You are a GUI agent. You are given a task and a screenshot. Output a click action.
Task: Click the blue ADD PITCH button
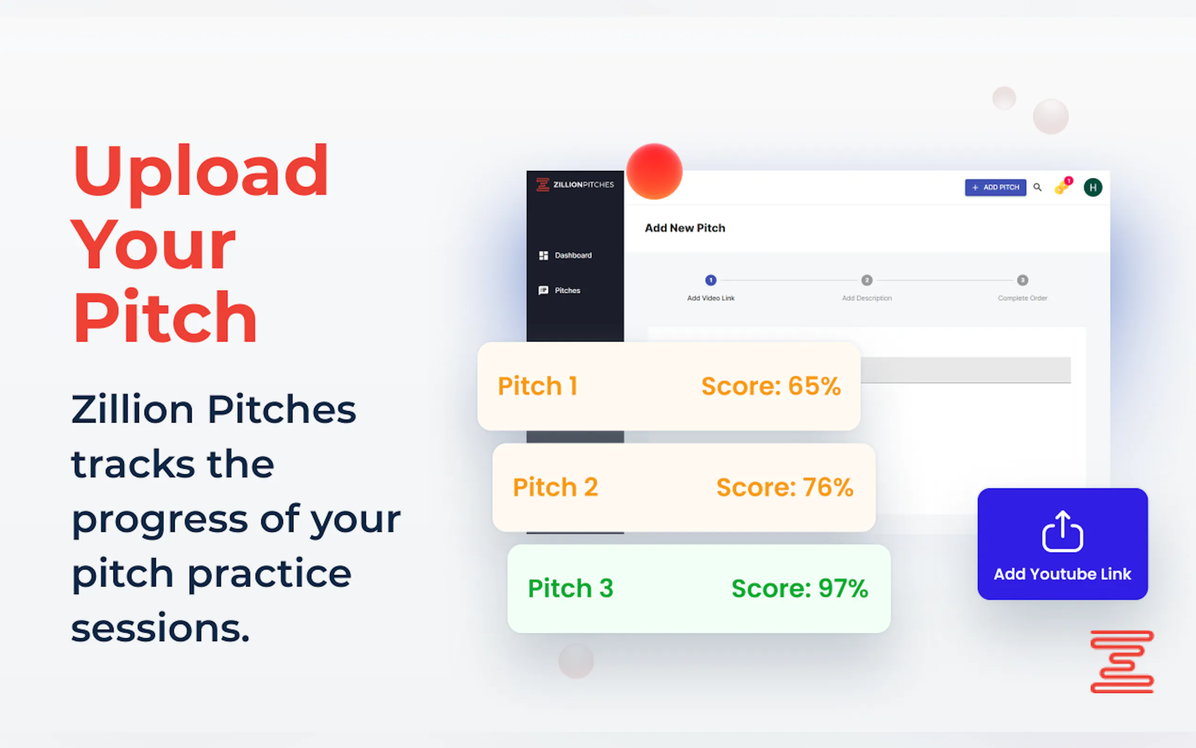[x=995, y=187]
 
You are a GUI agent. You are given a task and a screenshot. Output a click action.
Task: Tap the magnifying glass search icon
[x=1037, y=187]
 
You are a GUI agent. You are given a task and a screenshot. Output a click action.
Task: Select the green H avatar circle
[x=1093, y=187]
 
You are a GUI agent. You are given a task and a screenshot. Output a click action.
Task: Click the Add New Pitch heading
[x=685, y=228]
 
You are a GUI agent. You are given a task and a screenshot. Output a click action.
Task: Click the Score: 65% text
[x=771, y=386]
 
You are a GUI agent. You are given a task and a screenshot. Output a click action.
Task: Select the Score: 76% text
[x=784, y=488]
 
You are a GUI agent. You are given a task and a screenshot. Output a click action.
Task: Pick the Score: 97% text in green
[x=800, y=588]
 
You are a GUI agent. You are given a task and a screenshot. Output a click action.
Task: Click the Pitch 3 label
[x=571, y=588]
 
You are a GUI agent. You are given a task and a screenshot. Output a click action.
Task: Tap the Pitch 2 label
[x=555, y=488]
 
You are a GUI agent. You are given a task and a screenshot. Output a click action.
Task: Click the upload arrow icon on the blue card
[x=1062, y=531]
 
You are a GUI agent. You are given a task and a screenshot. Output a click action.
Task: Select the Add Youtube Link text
[x=1062, y=574]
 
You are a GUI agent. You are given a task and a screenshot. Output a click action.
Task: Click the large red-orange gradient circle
[x=654, y=171]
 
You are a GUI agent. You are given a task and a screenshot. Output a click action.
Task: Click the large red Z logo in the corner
[x=1122, y=661]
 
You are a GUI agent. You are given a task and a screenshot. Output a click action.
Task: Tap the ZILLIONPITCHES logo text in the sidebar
[x=583, y=185]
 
